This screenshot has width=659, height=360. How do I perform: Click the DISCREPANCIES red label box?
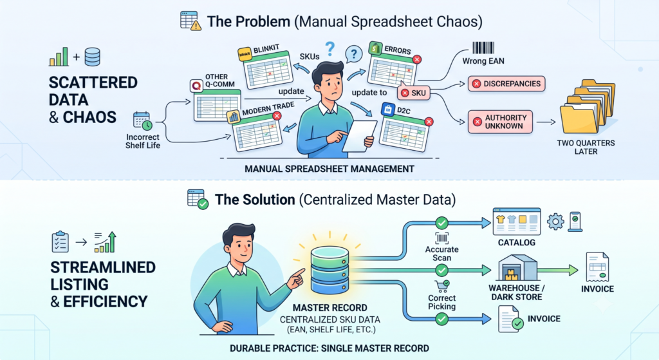coord(506,84)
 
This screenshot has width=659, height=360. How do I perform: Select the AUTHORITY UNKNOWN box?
coord(500,122)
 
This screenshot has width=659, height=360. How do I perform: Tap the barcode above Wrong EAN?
coord(483,48)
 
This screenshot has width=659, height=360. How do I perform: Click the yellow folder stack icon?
coord(587,107)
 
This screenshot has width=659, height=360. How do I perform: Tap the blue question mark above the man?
coord(330,49)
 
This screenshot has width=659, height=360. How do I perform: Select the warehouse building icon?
coord(517,268)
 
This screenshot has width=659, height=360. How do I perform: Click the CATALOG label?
coord(517,243)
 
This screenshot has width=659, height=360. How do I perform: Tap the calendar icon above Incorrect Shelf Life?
coord(142,121)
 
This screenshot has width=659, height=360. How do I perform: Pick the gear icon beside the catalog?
coord(555,221)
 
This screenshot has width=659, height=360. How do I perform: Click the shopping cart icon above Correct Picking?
coord(442,287)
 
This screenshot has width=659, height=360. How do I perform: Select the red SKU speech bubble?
coord(414,93)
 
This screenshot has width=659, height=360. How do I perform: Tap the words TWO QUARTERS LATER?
coord(586,147)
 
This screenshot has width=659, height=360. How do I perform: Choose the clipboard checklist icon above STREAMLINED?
coord(60,242)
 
